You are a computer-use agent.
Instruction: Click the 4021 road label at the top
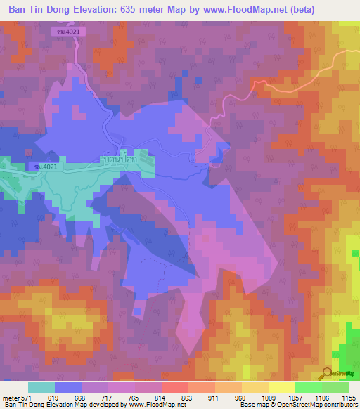(68, 32)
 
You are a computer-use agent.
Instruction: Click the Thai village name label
(117, 159)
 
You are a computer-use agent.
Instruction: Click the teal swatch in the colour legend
(41, 387)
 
